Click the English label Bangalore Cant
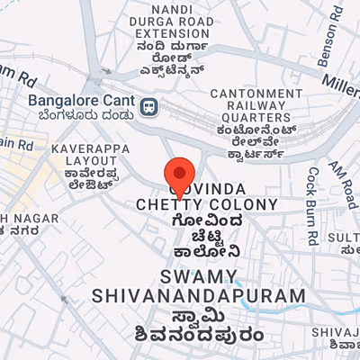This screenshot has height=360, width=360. (x=82, y=99)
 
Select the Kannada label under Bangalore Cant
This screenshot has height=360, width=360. (x=82, y=116)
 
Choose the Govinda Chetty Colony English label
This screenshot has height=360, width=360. (x=195, y=197)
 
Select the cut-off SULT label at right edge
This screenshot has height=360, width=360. (x=345, y=237)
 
